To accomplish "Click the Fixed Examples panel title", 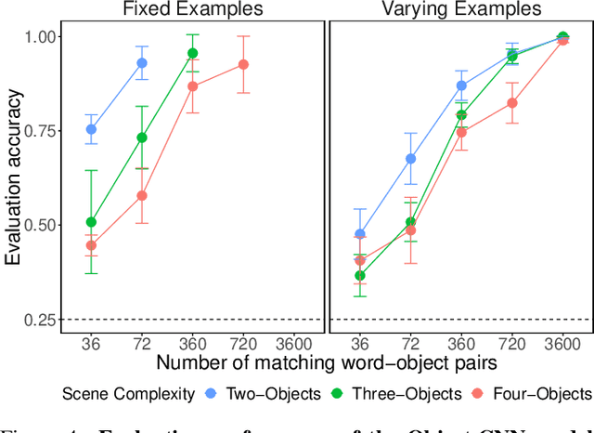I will pos(192,9).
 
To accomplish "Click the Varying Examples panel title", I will pos(461,9).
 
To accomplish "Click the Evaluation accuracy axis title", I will pos(12,177).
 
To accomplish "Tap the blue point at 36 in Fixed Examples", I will pos(91,130).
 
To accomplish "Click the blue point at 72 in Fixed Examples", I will pos(142,63).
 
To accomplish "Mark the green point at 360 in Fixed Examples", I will pos(193,53).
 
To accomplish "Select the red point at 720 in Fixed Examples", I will pos(243,64).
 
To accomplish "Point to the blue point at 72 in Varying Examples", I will pos(410,159).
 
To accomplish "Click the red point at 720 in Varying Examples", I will pos(511,103).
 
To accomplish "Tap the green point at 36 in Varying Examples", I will pos(359,276).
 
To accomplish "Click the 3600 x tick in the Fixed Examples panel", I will pos(294,340).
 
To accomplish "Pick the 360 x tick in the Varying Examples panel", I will pos(461,340).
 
